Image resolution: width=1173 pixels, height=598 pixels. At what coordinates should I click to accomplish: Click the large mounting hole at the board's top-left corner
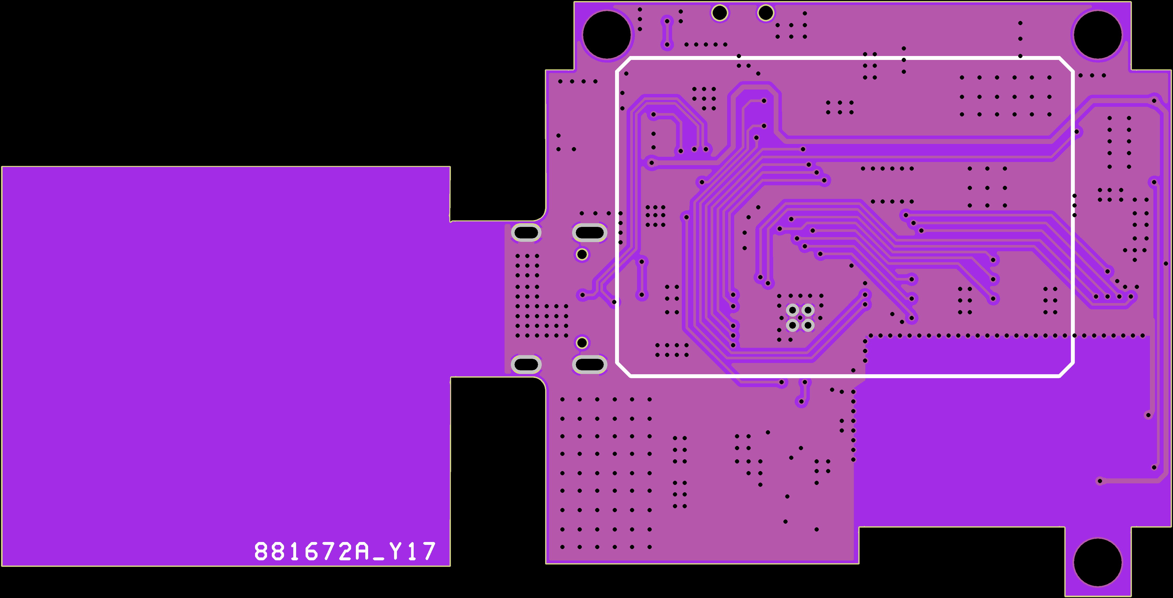tap(607, 35)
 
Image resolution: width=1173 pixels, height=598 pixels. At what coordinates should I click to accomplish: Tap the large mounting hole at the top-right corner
tap(1097, 35)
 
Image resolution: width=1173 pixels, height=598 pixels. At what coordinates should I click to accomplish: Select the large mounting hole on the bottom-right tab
tap(1097, 562)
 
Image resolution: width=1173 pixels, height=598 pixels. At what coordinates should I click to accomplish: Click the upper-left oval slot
tap(526, 233)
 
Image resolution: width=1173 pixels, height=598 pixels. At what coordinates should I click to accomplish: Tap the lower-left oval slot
tap(526, 364)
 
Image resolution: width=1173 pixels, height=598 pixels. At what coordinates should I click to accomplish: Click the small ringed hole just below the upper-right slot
tap(582, 254)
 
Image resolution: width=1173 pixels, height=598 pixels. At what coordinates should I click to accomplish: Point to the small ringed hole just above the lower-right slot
tap(582, 342)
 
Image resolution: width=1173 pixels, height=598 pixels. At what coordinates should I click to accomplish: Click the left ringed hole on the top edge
tap(720, 13)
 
